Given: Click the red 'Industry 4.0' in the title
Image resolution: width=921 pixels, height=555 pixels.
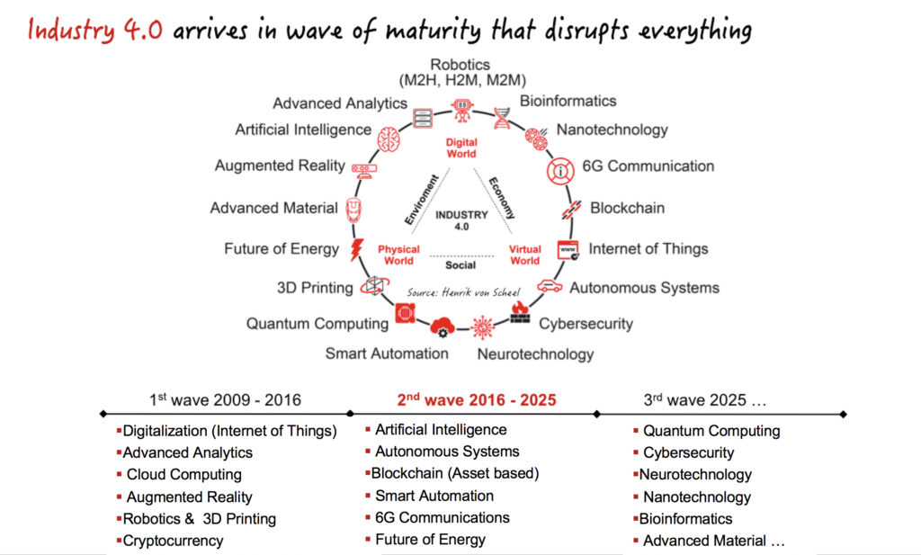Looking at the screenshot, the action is pyautogui.click(x=95, y=30).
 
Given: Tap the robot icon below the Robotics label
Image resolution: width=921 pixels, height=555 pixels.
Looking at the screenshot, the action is pyautogui.click(x=462, y=110).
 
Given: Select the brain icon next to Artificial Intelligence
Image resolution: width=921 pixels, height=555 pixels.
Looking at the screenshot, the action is pyautogui.click(x=389, y=139).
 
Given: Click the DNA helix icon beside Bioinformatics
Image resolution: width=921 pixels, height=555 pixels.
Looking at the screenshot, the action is pyautogui.click(x=502, y=118).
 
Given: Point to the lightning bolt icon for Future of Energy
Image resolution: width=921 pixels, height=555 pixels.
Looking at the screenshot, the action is pyautogui.click(x=356, y=249).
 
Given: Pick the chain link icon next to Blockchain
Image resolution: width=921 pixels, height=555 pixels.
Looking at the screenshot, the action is pyautogui.click(x=571, y=210).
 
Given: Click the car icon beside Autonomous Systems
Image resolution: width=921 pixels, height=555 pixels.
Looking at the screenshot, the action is pyautogui.click(x=550, y=286).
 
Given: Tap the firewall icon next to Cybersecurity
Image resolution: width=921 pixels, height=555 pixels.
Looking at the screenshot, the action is pyautogui.click(x=519, y=312).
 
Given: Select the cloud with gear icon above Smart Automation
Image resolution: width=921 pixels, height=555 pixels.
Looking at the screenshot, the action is pyautogui.click(x=443, y=327).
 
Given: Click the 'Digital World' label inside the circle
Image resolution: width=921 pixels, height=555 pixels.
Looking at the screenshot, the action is pyautogui.click(x=461, y=148).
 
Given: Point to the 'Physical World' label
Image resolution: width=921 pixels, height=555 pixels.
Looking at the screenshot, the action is pyautogui.click(x=398, y=255).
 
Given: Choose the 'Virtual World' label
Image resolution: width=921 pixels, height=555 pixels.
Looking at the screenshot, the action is pyautogui.click(x=524, y=255).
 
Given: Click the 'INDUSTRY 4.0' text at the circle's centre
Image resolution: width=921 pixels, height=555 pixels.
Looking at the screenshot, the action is pyautogui.click(x=461, y=220).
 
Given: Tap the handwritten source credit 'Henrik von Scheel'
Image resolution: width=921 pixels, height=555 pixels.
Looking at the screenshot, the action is pyautogui.click(x=481, y=291).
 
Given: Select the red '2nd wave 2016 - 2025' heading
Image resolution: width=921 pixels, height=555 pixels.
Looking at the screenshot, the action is pyautogui.click(x=477, y=400).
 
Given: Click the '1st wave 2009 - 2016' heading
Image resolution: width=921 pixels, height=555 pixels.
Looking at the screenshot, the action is pyautogui.click(x=225, y=400).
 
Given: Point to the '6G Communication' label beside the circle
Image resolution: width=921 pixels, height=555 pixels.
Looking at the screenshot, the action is pyautogui.click(x=648, y=166).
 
